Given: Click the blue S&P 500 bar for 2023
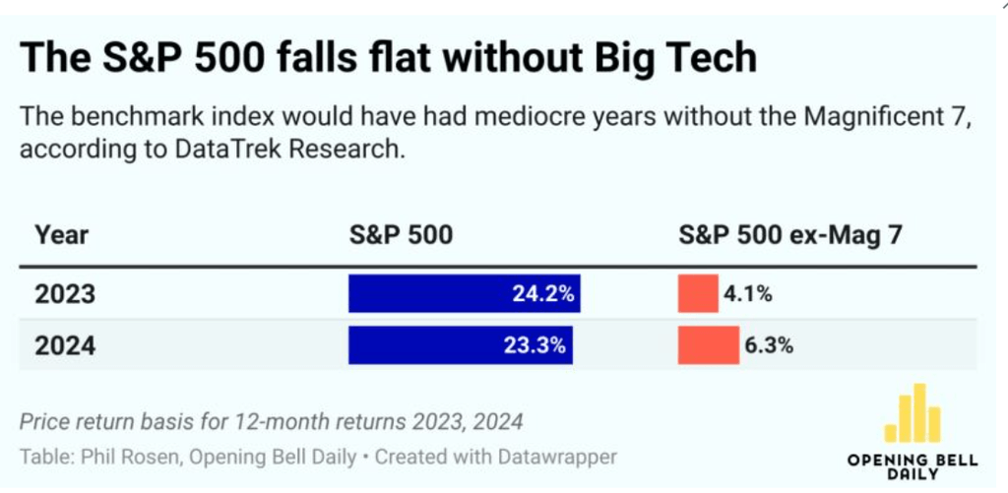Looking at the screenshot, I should (463, 294).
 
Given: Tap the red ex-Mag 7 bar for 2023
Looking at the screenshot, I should (697, 294).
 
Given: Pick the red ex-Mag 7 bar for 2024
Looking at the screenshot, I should (708, 345).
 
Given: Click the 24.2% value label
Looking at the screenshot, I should (543, 294).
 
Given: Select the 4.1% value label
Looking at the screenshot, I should (748, 294).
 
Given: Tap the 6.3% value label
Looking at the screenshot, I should (768, 345).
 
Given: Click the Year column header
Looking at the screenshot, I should (61, 235).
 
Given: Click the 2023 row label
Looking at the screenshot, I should (65, 294).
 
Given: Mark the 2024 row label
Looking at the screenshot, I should (65, 345).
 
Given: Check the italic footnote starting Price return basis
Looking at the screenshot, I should (271, 421).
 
